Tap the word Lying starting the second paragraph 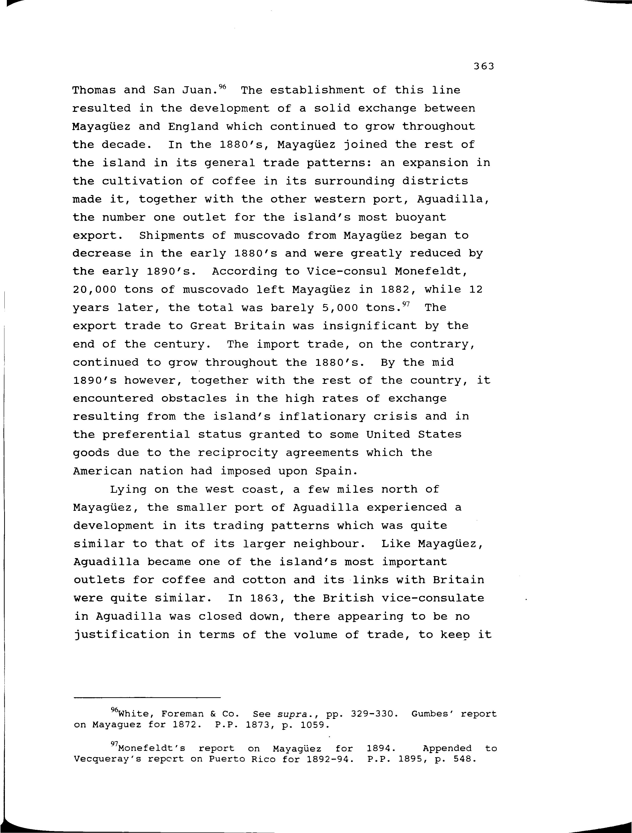click(x=128, y=490)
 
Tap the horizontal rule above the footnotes click(x=147, y=698)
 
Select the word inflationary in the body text click(x=322, y=417)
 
